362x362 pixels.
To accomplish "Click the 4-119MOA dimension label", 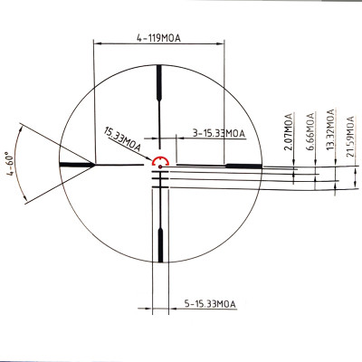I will (x=158, y=39).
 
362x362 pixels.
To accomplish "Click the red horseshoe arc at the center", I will (x=160, y=160).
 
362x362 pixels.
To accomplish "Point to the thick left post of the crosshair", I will (x=76, y=165).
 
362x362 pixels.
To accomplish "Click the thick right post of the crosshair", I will (x=243, y=165).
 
